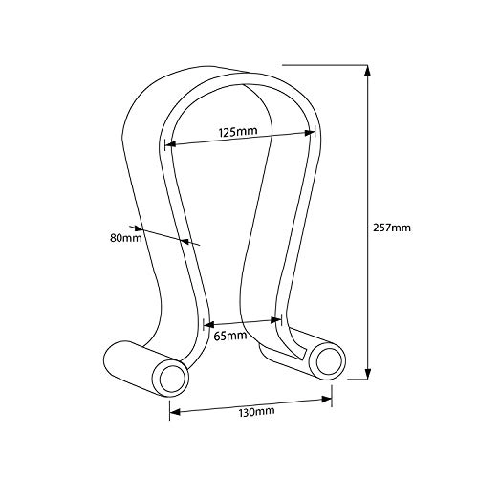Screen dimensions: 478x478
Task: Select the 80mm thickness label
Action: click(124, 237)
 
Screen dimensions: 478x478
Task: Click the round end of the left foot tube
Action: click(173, 378)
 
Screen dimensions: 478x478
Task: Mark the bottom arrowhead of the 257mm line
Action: click(367, 378)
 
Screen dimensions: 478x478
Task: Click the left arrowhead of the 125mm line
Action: click(169, 146)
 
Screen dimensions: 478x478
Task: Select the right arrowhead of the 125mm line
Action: click(312, 133)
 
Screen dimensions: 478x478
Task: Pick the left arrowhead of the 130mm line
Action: click(173, 413)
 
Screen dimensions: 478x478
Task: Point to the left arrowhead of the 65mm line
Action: click(206, 326)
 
